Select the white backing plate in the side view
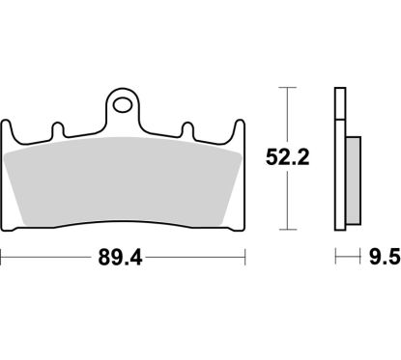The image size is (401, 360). click(x=340, y=159)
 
